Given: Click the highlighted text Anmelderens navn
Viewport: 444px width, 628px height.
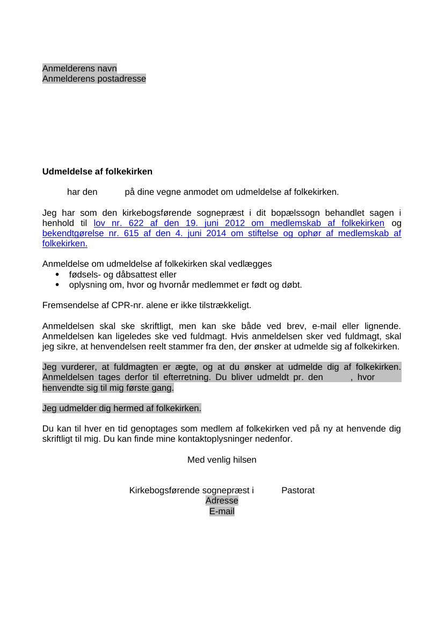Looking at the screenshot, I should [79, 69].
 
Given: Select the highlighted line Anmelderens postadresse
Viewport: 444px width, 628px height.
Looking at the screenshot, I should [94, 79].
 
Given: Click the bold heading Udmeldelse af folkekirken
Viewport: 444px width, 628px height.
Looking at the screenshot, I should [97, 172].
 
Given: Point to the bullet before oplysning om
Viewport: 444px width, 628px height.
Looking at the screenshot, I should [57, 285].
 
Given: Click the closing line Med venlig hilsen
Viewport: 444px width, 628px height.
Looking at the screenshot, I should [222, 460].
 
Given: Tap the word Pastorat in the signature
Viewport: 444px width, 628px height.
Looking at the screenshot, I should [298, 491].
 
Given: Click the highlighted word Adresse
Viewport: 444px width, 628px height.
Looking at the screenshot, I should [222, 501].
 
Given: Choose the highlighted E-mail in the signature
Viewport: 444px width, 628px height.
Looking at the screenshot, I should [222, 512].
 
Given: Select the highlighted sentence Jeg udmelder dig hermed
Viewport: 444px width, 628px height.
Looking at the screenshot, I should [122, 408].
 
